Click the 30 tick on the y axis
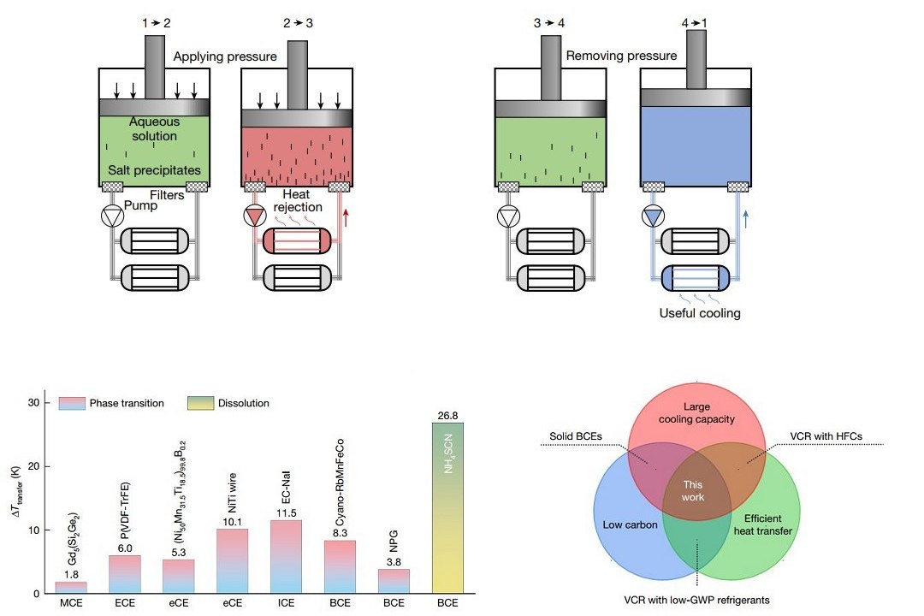click(34, 402)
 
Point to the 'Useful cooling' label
click(700, 313)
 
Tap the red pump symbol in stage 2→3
click(254, 217)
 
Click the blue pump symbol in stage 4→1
click(654, 217)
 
